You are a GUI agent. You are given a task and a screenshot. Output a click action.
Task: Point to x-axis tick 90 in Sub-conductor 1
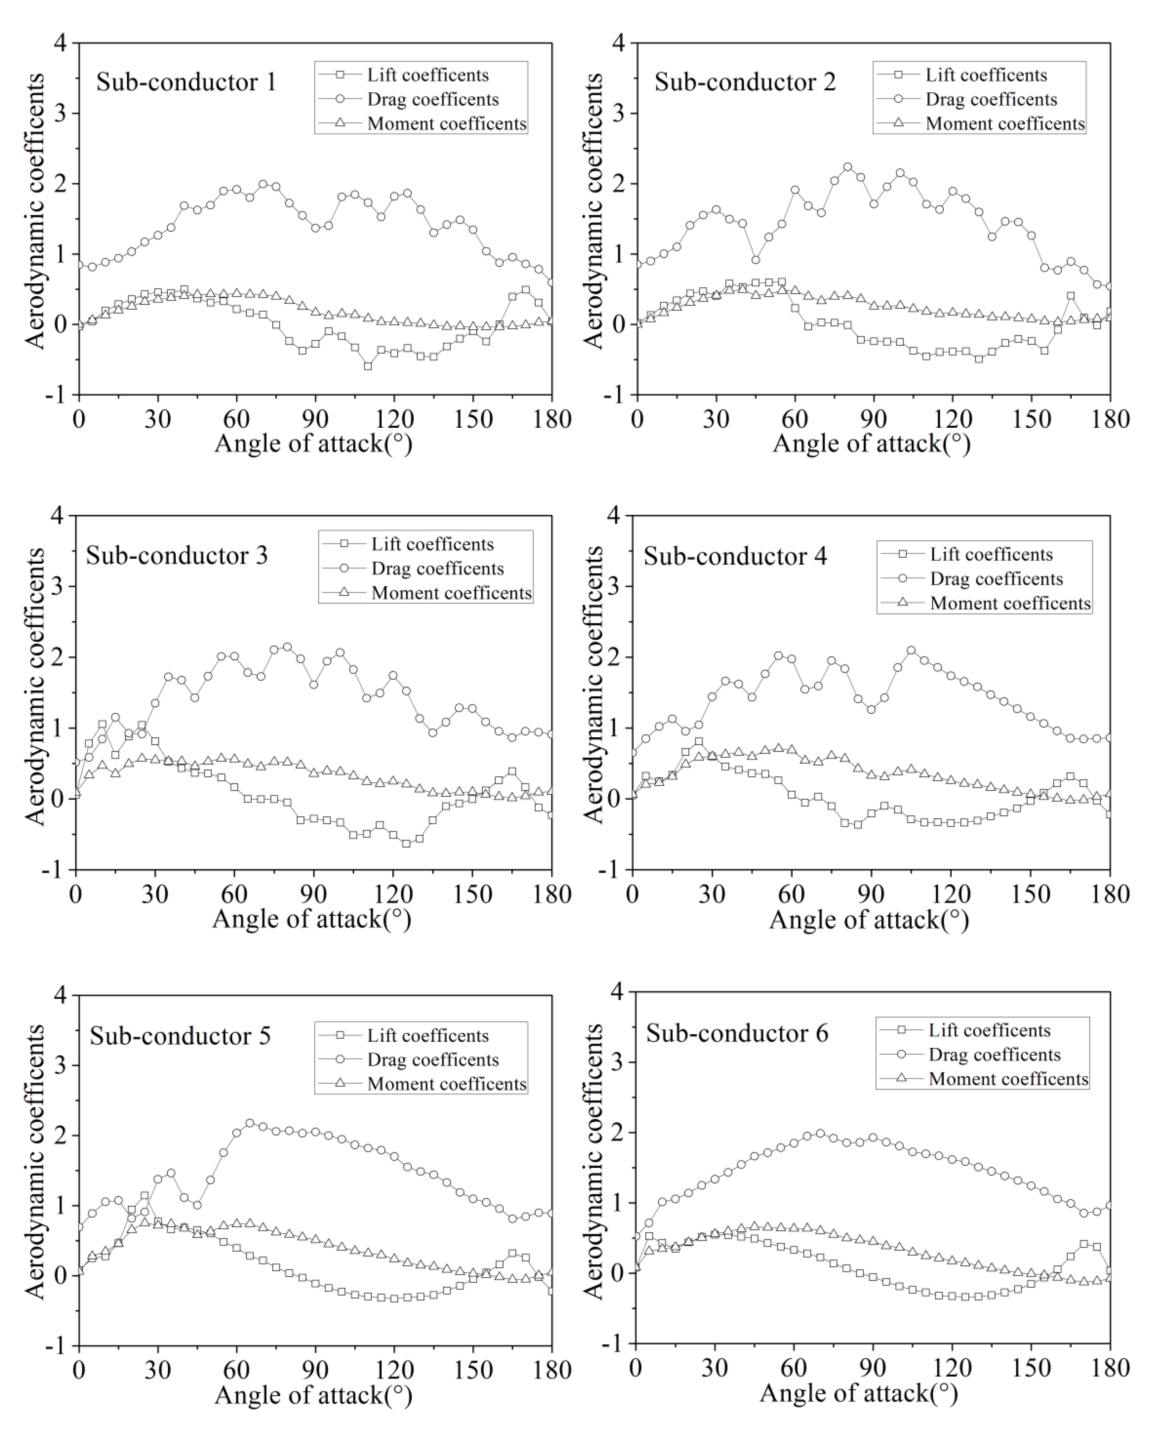315,420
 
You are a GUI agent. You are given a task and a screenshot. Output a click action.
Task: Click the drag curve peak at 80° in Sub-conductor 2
848,167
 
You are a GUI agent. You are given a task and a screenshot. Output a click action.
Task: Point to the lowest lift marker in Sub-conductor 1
368,366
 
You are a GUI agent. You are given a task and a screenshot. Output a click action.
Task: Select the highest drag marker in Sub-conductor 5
250,1123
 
